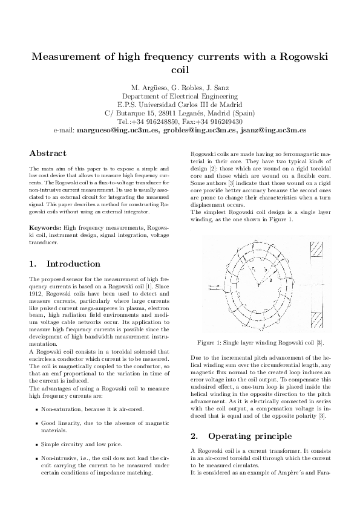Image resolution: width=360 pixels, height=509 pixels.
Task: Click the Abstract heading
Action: coord(48,154)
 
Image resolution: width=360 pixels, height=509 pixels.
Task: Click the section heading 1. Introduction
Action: coord(65,264)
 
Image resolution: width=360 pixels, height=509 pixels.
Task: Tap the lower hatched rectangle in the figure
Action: coord(318,314)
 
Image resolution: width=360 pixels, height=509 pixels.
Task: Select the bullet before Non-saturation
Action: coord(38,409)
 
